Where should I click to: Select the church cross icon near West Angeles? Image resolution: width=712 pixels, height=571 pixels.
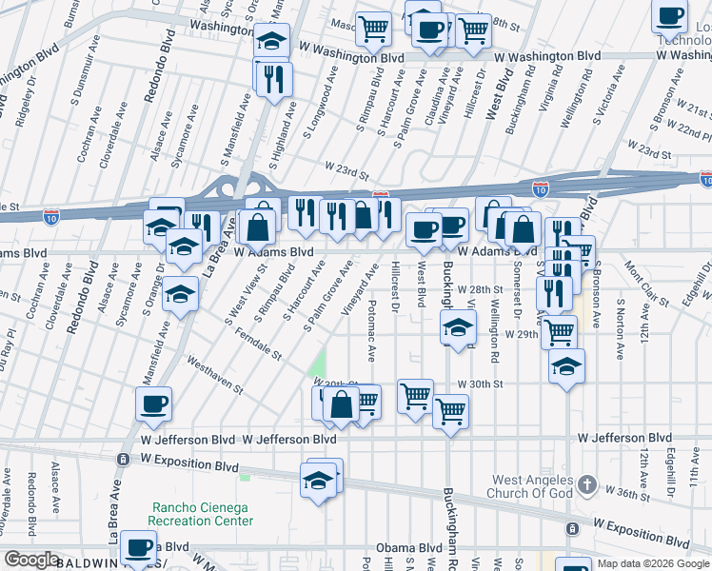[587, 484]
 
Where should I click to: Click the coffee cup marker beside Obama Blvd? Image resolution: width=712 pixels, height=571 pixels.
[139, 546]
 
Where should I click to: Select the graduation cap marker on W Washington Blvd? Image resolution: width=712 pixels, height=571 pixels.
[271, 40]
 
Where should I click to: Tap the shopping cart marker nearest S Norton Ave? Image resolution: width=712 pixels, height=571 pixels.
[560, 331]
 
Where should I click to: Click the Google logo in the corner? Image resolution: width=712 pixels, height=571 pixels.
[31, 560]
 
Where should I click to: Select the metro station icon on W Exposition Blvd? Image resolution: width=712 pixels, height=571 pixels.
[122, 460]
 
